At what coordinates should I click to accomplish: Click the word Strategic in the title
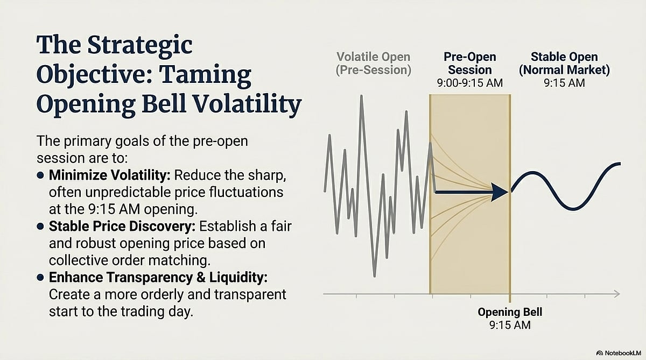[x=140, y=45]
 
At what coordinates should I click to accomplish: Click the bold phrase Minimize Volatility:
[x=110, y=175]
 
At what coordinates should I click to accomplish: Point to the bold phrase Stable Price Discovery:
[x=122, y=226]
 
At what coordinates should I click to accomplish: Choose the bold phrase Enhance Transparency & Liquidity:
[x=158, y=277]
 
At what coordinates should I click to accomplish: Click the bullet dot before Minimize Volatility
[x=41, y=175]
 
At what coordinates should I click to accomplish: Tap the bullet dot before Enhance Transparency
[x=41, y=277]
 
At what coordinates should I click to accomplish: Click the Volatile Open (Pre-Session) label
[x=374, y=63]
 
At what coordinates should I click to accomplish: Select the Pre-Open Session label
[x=470, y=63]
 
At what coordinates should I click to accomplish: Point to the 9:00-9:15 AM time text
[x=470, y=83]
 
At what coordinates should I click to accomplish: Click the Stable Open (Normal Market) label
[x=564, y=63]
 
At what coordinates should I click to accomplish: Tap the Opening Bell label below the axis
[x=510, y=312]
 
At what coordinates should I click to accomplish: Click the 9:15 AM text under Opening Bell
[x=510, y=325]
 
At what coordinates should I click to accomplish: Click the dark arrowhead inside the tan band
[x=500, y=192]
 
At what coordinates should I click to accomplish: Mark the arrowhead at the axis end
[x=617, y=294]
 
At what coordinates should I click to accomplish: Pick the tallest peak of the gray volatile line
[x=361, y=96]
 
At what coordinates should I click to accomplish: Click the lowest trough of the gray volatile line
[x=374, y=276]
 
